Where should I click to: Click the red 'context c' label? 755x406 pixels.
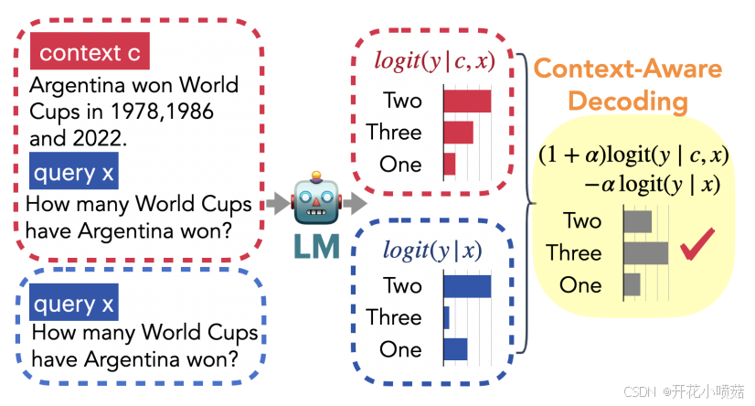90,53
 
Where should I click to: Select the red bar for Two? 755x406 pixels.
467,101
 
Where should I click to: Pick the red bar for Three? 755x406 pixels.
459,133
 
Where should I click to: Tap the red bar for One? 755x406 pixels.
450,165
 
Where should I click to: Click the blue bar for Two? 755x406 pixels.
467,286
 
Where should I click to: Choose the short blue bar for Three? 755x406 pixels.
447,317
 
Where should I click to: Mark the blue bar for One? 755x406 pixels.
455,349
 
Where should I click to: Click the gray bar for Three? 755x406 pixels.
645,252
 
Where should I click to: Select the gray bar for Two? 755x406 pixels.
637,221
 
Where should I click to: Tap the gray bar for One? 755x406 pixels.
632,284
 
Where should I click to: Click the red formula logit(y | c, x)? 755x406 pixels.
435,60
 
